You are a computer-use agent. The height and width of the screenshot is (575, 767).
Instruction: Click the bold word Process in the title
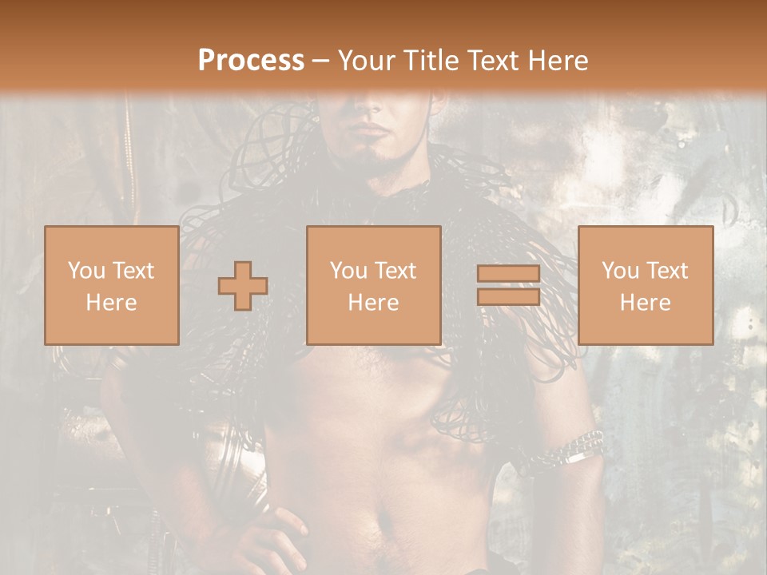tap(251, 61)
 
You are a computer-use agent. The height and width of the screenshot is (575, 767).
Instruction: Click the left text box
tap(112, 286)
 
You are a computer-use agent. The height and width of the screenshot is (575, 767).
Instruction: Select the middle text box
tap(374, 286)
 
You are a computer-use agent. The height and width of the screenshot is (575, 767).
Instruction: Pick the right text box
tap(646, 286)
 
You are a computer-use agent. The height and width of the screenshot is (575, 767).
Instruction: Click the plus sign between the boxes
tap(243, 286)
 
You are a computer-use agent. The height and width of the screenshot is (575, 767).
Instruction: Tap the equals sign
tap(508, 286)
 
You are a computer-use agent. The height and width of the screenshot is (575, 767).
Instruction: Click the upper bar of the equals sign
tap(508, 275)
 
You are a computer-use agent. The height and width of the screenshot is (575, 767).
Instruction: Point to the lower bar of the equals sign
tap(508, 296)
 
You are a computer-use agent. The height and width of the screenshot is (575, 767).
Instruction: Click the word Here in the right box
tap(646, 303)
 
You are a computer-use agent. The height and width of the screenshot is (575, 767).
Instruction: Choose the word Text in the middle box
tap(395, 271)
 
